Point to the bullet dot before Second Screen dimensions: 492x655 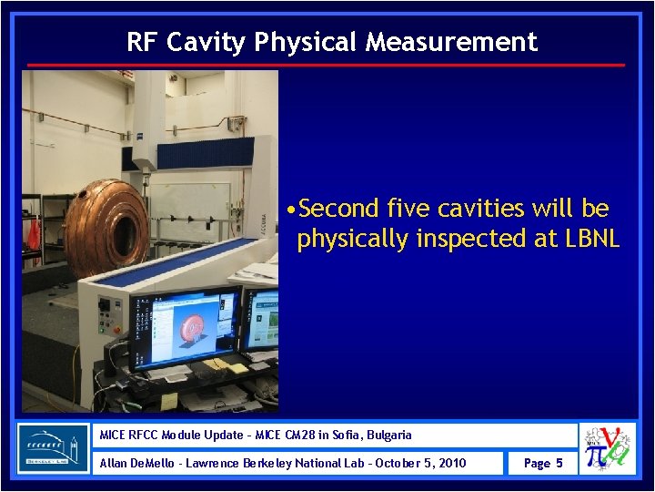coord(288,210)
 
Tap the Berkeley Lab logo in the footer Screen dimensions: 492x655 coord(54,448)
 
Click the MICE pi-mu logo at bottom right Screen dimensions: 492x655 coord(609,448)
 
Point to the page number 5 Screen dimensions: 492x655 coord(559,463)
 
